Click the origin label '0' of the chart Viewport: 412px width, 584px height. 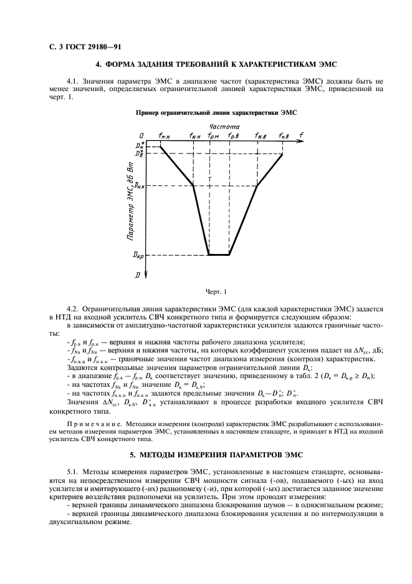click(141, 135)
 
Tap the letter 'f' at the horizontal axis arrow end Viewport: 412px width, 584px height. click(302, 135)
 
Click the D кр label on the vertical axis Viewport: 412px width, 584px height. click(138, 255)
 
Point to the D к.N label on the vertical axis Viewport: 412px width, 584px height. click(140, 186)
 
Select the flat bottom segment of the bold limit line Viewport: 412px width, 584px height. click(219, 255)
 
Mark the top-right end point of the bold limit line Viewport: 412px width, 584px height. click(282, 153)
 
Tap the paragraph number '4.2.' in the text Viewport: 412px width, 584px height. click(74, 309)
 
